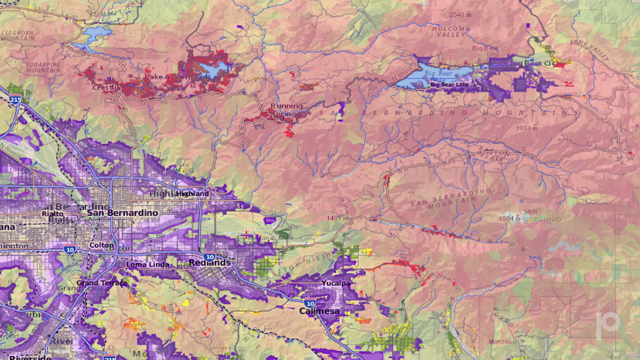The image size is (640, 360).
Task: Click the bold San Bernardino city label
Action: click(x=123, y=213)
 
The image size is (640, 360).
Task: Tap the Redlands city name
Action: click(x=210, y=263)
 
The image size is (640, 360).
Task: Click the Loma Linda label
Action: click(x=148, y=264)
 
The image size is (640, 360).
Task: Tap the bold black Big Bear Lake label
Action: click(x=453, y=85)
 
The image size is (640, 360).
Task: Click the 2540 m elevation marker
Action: click(x=460, y=14)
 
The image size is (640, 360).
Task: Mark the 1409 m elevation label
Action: click(x=337, y=218)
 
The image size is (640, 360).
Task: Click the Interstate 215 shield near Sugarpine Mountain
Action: click(x=14, y=99)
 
